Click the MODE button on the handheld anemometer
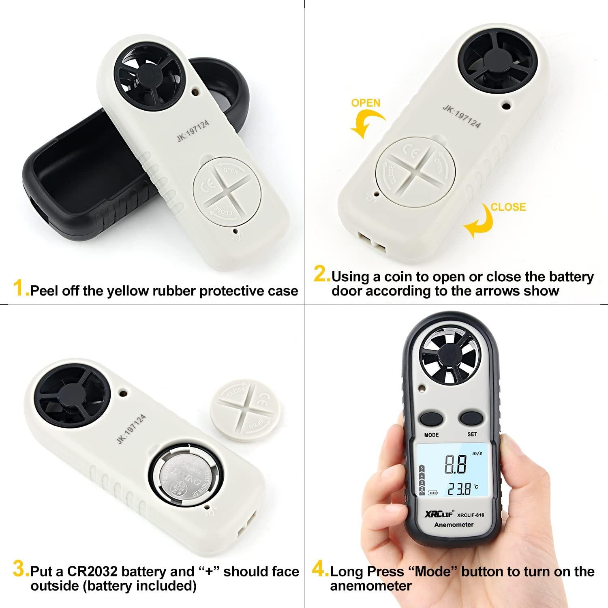click(x=431, y=418)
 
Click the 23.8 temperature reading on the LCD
click(x=460, y=489)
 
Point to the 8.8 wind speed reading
click(x=456, y=464)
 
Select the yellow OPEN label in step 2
click(x=366, y=103)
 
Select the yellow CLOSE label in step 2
click(x=508, y=207)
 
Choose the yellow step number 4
click(x=320, y=569)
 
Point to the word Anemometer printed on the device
click(x=454, y=525)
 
